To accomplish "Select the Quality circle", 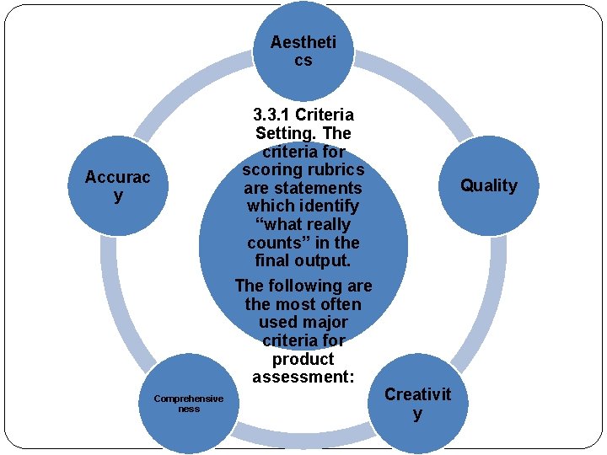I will tap(489, 185).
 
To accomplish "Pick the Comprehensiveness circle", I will tap(189, 404).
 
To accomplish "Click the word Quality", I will tap(489, 185).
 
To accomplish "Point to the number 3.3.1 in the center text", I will tap(269, 115).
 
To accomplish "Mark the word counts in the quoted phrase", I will tap(275, 243).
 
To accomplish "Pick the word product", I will tap(303, 358).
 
